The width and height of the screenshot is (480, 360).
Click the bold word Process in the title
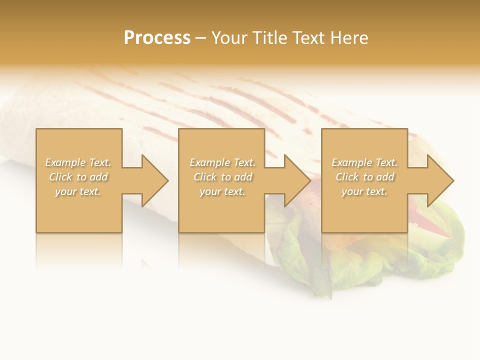157,38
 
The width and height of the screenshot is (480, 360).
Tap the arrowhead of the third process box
439,180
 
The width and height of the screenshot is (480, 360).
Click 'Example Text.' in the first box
78,162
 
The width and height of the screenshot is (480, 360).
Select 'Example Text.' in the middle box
222,162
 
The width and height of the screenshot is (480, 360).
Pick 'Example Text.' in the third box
364,162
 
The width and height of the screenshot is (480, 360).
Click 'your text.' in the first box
78,191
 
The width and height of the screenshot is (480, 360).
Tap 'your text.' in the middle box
222,191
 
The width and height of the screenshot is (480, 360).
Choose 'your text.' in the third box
364,191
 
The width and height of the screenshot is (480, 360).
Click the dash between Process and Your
200,38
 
